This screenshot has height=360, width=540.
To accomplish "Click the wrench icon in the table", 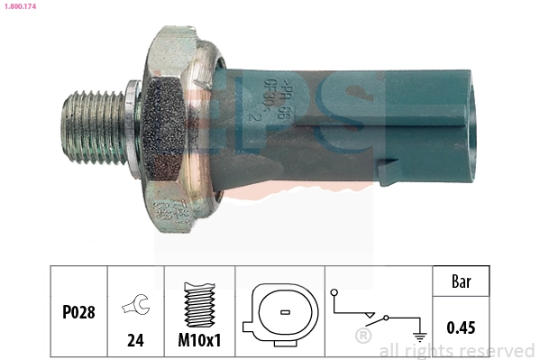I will point(135,308).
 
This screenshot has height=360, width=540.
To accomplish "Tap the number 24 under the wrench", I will point(135,342).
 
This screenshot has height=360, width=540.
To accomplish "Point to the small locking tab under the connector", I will point(390,171).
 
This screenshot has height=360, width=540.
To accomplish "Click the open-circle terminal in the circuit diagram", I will point(334,292).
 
